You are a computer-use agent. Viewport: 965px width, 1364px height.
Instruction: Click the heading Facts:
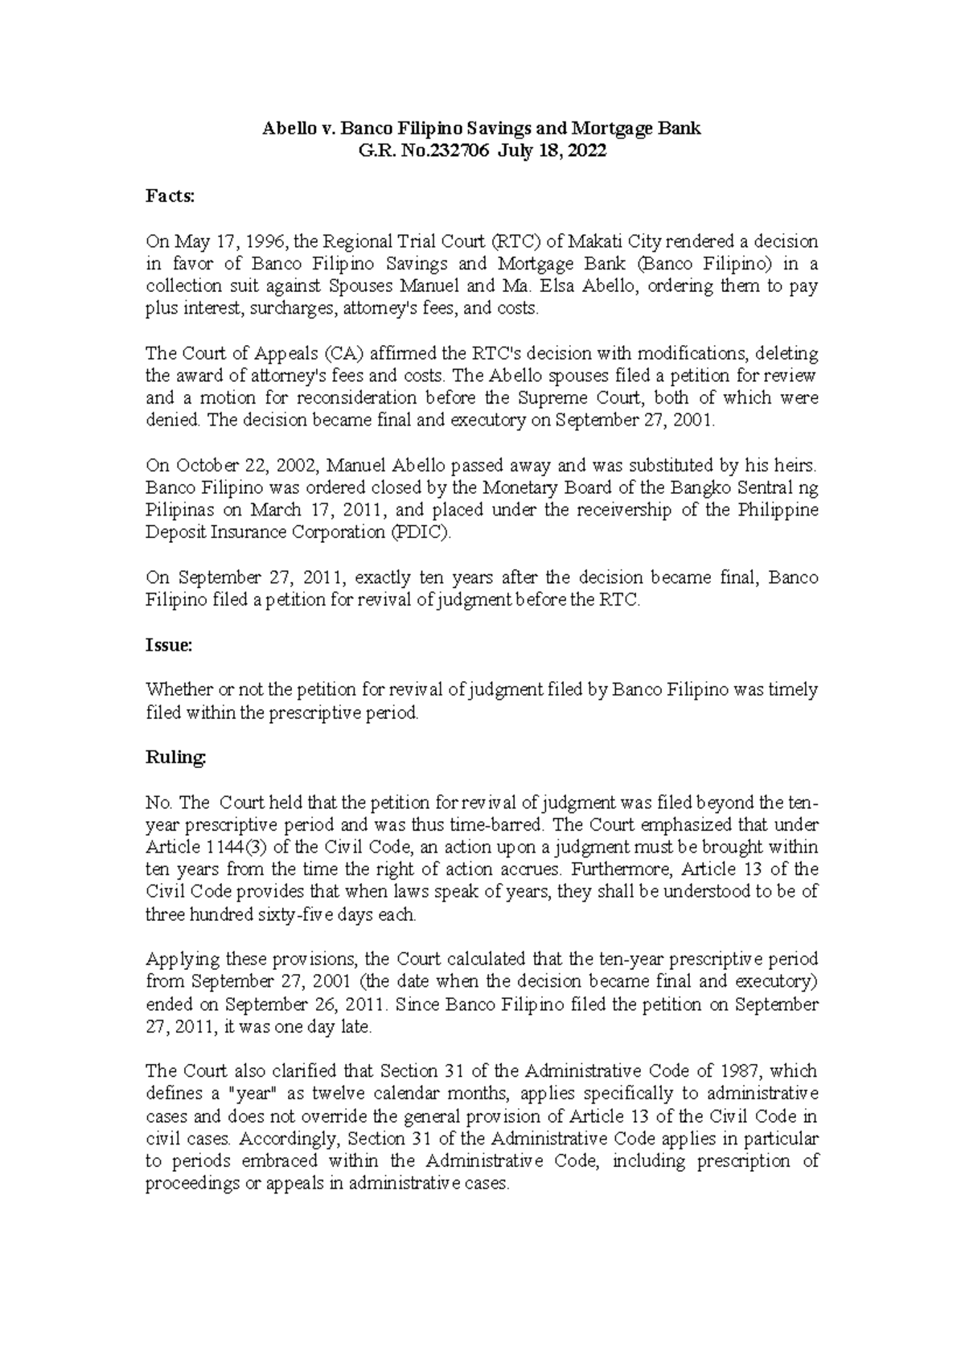170,195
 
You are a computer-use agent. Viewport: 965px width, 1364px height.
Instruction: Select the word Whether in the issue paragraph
173,689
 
